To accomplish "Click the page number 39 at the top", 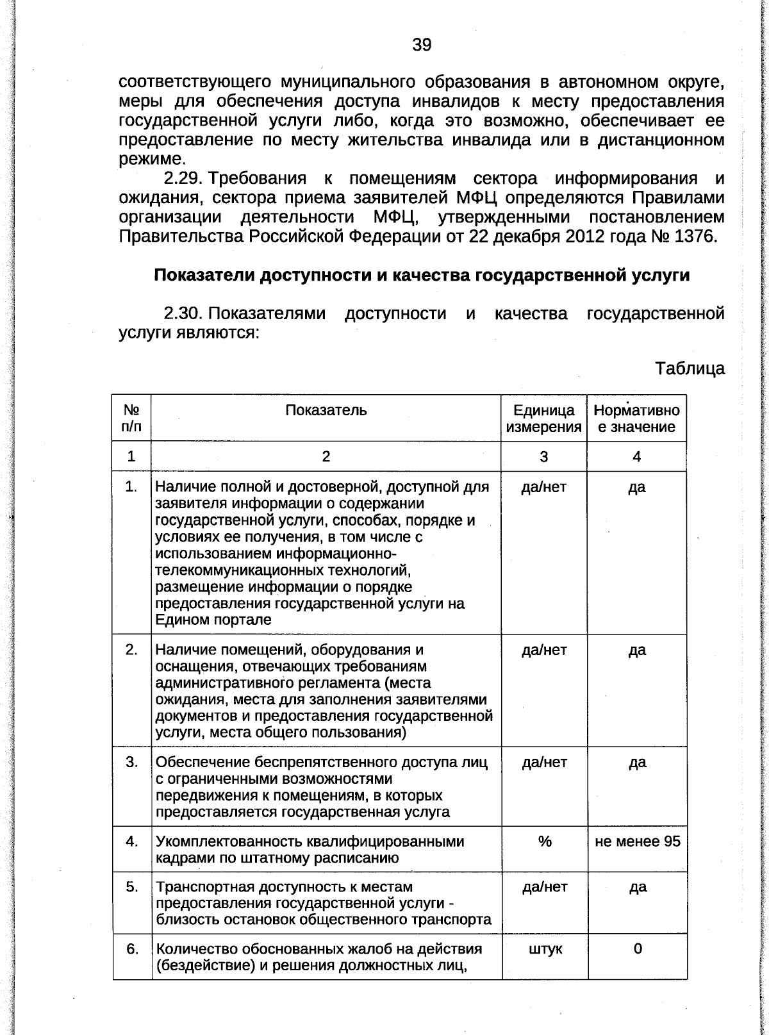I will (x=421, y=45).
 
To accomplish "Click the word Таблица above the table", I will (x=690, y=368).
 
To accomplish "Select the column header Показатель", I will (x=326, y=410).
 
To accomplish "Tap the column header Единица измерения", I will (x=543, y=418).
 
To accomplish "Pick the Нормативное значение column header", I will (x=636, y=418).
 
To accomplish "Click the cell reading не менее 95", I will (x=637, y=841).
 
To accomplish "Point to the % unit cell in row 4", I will (x=544, y=841).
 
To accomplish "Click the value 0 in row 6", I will (x=637, y=948).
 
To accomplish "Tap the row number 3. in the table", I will (x=132, y=762).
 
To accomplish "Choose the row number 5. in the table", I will (x=132, y=886).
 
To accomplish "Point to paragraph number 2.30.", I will (x=183, y=313).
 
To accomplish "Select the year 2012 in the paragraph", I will (x=585, y=236).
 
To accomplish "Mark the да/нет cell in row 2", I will (x=544, y=650).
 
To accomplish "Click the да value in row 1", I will (x=636, y=488).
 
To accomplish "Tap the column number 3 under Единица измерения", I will (x=543, y=457).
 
